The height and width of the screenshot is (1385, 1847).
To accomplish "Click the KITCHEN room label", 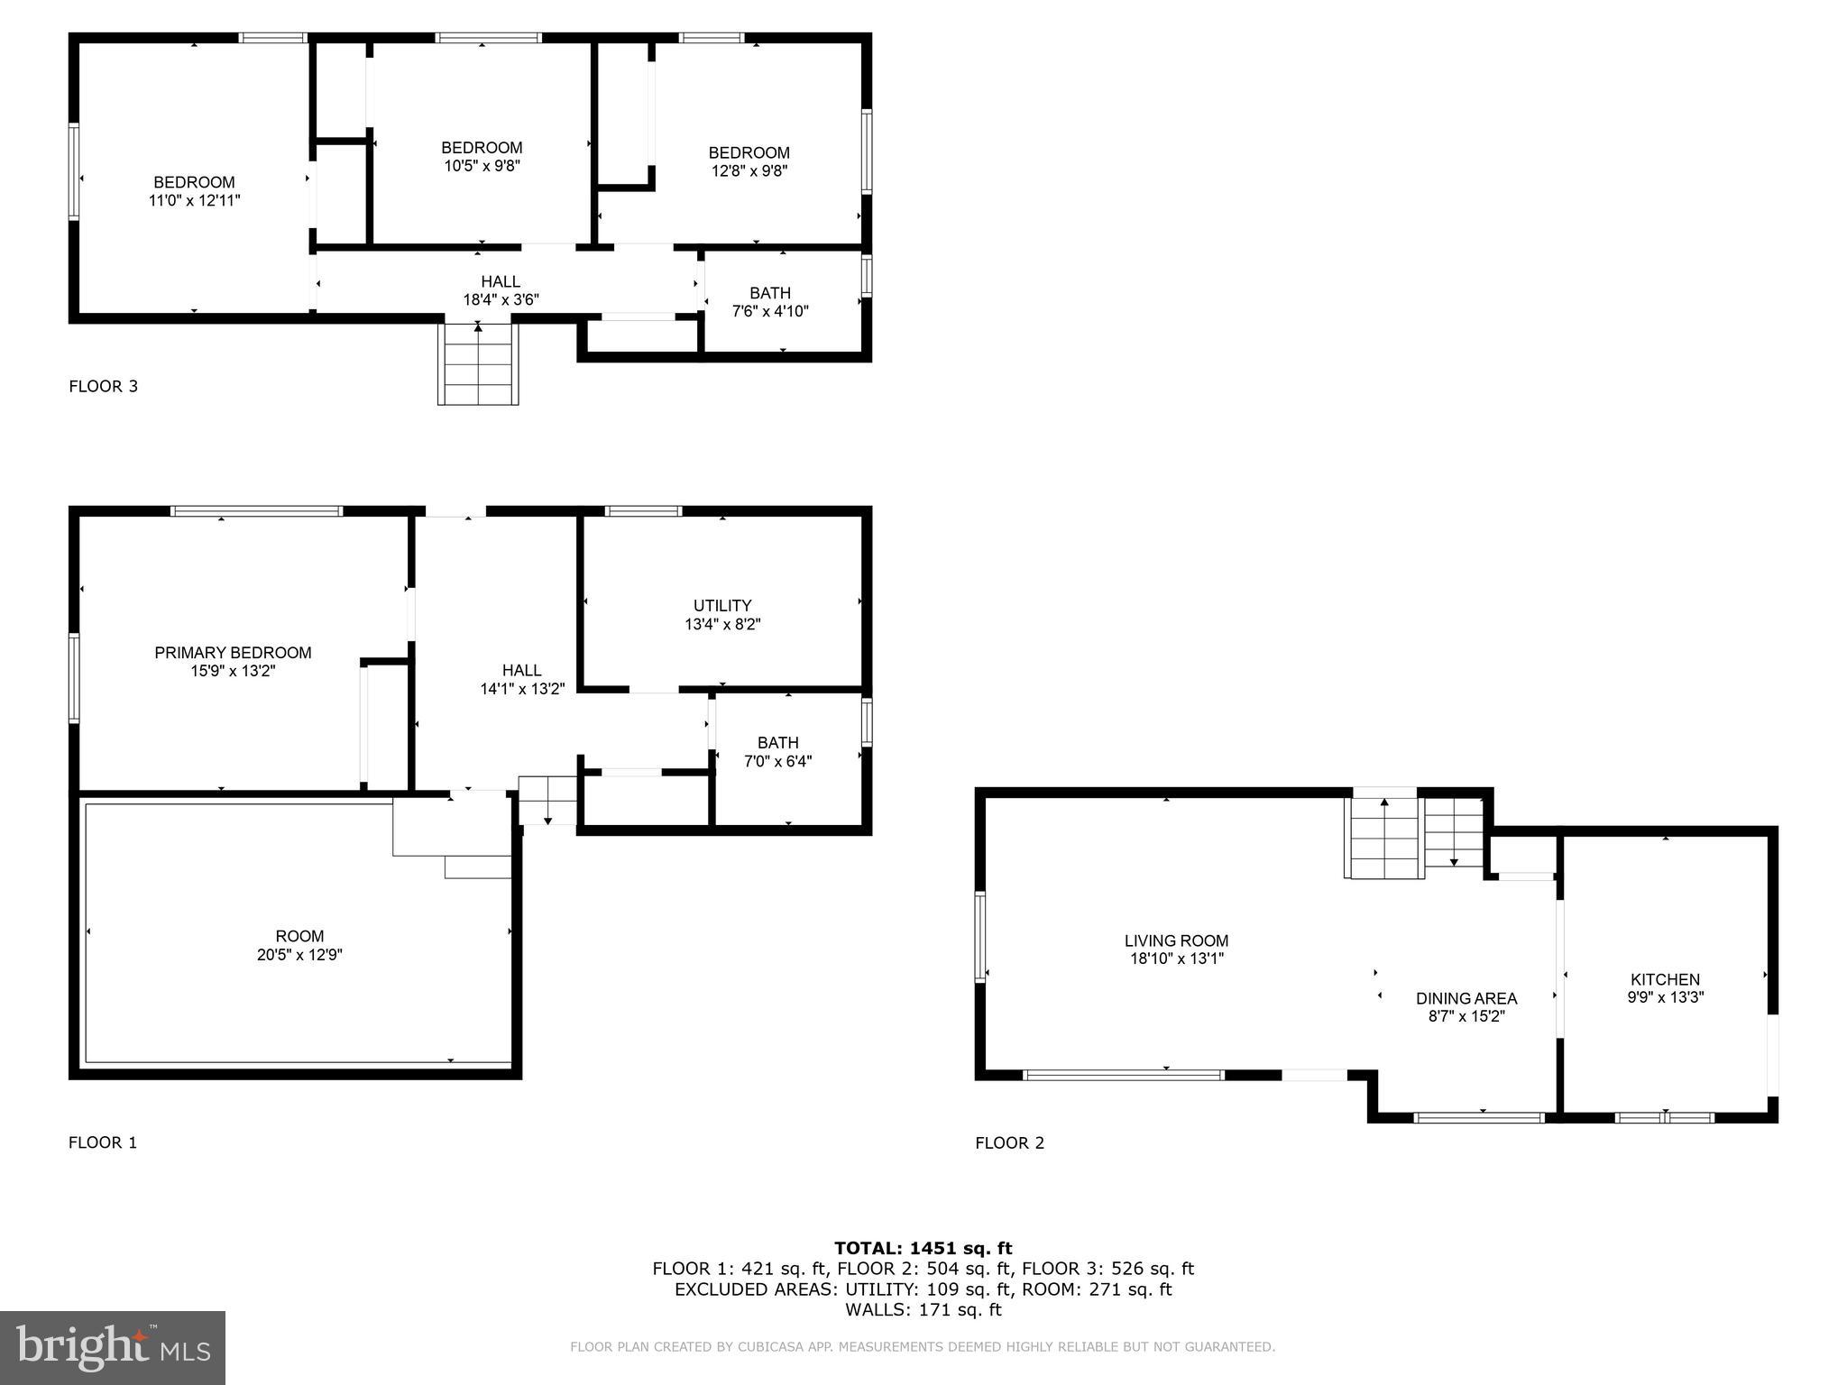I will point(1665,979).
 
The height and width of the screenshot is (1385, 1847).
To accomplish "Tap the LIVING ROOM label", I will point(1176,940).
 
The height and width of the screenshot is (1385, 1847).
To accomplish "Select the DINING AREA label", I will point(1466,998).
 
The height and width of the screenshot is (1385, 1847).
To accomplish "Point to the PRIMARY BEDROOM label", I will point(233,653).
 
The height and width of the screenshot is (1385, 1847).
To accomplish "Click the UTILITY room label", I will point(722,606).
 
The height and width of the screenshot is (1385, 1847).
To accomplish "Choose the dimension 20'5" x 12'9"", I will point(299,955).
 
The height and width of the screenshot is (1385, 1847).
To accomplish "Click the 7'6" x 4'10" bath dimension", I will point(770,312).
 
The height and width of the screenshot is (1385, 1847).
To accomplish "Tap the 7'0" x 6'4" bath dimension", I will point(777,761).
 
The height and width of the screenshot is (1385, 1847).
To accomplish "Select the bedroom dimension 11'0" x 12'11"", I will point(195,201).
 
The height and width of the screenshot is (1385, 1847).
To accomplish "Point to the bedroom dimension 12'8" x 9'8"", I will point(749,171).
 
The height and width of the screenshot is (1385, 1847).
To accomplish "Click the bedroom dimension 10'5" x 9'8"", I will point(482,166).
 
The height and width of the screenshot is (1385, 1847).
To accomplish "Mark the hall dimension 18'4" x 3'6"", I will point(501,300).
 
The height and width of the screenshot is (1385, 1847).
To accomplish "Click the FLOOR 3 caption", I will point(104,387).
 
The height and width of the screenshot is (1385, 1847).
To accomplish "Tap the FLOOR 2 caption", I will point(1009,1143).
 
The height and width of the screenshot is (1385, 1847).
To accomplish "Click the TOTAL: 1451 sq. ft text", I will point(923,1249).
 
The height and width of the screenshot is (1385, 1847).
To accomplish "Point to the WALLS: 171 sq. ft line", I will point(923,1310).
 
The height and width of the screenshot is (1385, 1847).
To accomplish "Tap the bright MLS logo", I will point(113,1347).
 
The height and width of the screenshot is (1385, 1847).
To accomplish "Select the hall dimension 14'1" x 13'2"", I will point(522,689).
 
